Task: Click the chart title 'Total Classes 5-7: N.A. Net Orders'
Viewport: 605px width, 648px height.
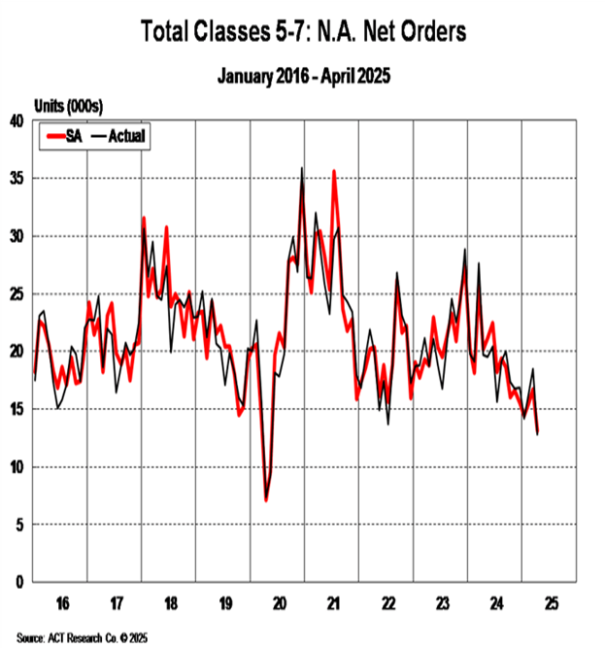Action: (x=303, y=31)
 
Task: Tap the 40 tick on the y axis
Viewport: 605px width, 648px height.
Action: (x=17, y=121)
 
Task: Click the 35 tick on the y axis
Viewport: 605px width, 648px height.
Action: (x=17, y=179)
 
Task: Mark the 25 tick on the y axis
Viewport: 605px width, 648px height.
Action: (x=17, y=294)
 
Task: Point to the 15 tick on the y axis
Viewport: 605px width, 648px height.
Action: (x=17, y=409)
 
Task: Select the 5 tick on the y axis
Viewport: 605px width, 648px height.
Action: (x=20, y=525)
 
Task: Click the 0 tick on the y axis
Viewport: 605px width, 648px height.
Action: (x=20, y=582)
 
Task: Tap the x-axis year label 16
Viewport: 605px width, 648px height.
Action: (x=61, y=603)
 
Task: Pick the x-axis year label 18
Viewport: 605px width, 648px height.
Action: (x=169, y=603)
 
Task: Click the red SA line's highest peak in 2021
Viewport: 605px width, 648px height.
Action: (x=334, y=172)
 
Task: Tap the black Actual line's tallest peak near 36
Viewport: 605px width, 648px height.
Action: (x=302, y=168)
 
